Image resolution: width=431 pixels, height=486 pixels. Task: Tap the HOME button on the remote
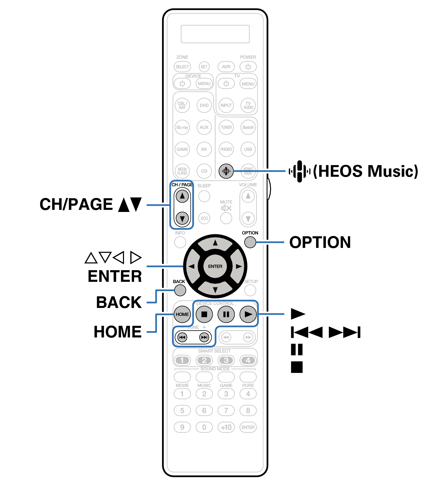pyautogui.click(x=182, y=314)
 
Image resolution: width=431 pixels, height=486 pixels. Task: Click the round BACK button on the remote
pyautogui.click(x=180, y=290)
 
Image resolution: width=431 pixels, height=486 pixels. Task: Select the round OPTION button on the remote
pyautogui.click(x=250, y=242)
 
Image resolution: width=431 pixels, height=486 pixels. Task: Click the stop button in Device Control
pyautogui.click(x=204, y=314)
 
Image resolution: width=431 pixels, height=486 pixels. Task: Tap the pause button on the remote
pyautogui.click(x=226, y=314)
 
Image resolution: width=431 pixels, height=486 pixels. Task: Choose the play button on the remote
pyautogui.click(x=248, y=314)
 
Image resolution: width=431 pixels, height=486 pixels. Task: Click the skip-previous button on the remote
pyautogui.click(x=182, y=337)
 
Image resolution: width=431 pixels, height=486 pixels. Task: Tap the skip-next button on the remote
pyautogui.click(x=204, y=337)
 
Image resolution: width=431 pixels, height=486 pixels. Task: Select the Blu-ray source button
pyautogui.click(x=182, y=127)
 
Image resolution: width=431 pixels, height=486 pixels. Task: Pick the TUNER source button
pyautogui.click(x=226, y=127)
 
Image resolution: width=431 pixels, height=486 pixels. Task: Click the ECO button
pyautogui.click(x=204, y=218)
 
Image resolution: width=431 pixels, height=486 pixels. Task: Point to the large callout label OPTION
pyautogui.click(x=320, y=242)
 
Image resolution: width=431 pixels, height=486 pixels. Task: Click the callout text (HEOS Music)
pyautogui.click(x=366, y=171)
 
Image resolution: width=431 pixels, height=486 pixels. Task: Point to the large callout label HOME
pyautogui.click(x=118, y=332)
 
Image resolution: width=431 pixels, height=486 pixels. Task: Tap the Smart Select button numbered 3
pyautogui.click(x=226, y=360)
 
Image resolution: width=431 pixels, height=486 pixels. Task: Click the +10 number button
pyautogui.click(x=226, y=427)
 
